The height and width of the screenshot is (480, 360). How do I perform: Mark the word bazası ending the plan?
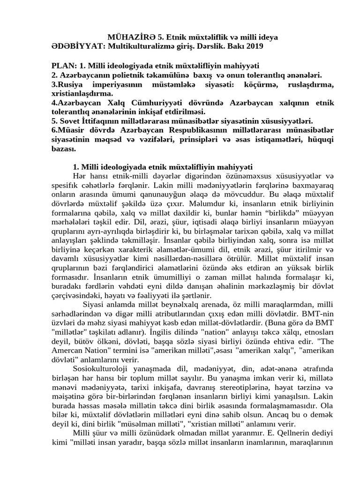tap(64, 149)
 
